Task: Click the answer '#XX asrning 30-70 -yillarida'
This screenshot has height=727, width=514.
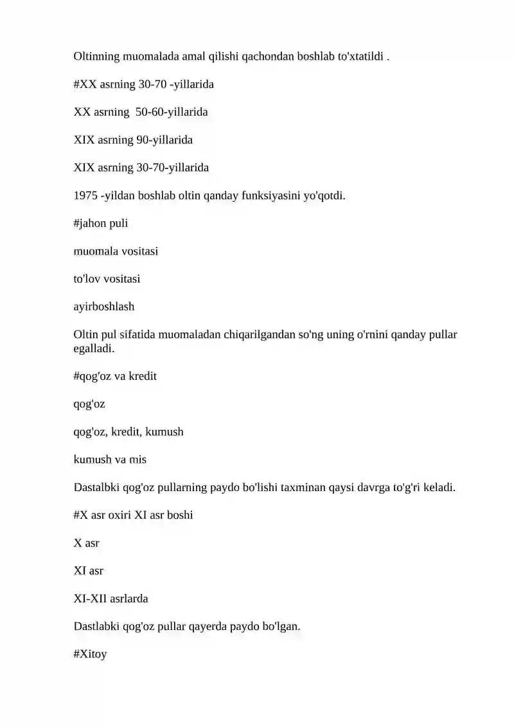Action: tap(144, 84)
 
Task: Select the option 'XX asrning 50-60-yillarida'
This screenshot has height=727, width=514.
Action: tap(141, 112)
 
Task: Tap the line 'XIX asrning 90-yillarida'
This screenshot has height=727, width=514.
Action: tap(133, 139)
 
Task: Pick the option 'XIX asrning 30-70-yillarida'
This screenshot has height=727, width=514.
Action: tap(141, 168)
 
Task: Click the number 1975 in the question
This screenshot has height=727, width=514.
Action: tap(85, 195)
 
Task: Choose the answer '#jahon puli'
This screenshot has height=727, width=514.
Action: tap(101, 224)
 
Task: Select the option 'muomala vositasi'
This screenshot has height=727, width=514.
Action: tap(116, 251)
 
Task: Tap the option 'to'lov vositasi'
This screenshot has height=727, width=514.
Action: tap(107, 279)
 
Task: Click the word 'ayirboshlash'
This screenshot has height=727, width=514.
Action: tap(104, 307)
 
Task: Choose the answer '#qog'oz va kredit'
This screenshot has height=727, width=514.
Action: tap(115, 377)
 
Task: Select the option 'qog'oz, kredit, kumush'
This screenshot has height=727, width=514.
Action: tap(128, 432)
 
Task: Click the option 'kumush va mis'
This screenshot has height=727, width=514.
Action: tap(110, 460)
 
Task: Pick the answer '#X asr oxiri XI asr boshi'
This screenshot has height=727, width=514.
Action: tap(134, 515)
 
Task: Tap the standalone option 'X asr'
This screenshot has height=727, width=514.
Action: tap(87, 543)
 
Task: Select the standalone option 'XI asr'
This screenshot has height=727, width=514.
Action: tap(89, 571)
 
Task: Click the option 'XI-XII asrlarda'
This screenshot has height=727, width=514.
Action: tap(111, 598)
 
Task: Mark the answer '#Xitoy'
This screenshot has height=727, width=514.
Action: tap(90, 654)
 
